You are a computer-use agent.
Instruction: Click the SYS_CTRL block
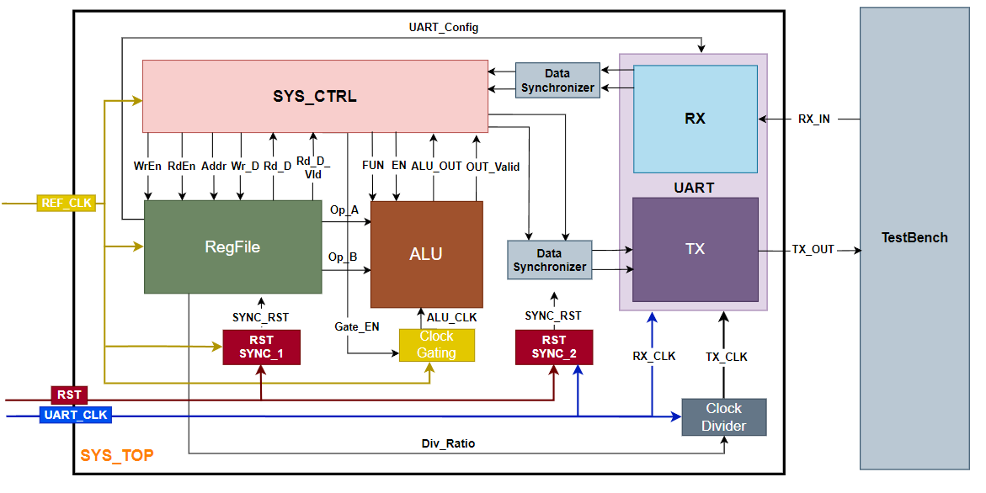pyautogui.click(x=314, y=95)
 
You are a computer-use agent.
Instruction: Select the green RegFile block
pyautogui.click(x=232, y=246)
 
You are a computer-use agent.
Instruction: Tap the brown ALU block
pyautogui.click(x=426, y=254)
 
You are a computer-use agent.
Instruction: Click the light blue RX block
pyautogui.click(x=695, y=119)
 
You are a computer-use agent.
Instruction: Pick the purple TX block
pyautogui.click(x=695, y=249)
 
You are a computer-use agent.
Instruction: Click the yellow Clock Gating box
pyautogui.click(x=436, y=345)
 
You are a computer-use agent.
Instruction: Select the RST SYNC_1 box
pyautogui.click(x=261, y=347)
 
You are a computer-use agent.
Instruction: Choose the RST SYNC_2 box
pyautogui.click(x=554, y=347)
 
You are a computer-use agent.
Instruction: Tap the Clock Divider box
pyautogui.click(x=723, y=417)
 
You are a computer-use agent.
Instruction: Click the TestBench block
pyautogui.click(x=914, y=238)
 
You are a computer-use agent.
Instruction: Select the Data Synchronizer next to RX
pyautogui.click(x=557, y=81)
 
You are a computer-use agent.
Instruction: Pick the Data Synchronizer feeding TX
pyautogui.click(x=549, y=260)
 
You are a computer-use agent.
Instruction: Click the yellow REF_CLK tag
pyautogui.click(x=66, y=203)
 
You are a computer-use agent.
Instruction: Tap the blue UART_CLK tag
pyautogui.click(x=75, y=415)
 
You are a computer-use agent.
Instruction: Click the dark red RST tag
pyautogui.click(x=69, y=395)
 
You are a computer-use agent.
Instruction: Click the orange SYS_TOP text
pyautogui.click(x=116, y=456)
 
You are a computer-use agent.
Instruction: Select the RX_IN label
pyautogui.click(x=813, y=119)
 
